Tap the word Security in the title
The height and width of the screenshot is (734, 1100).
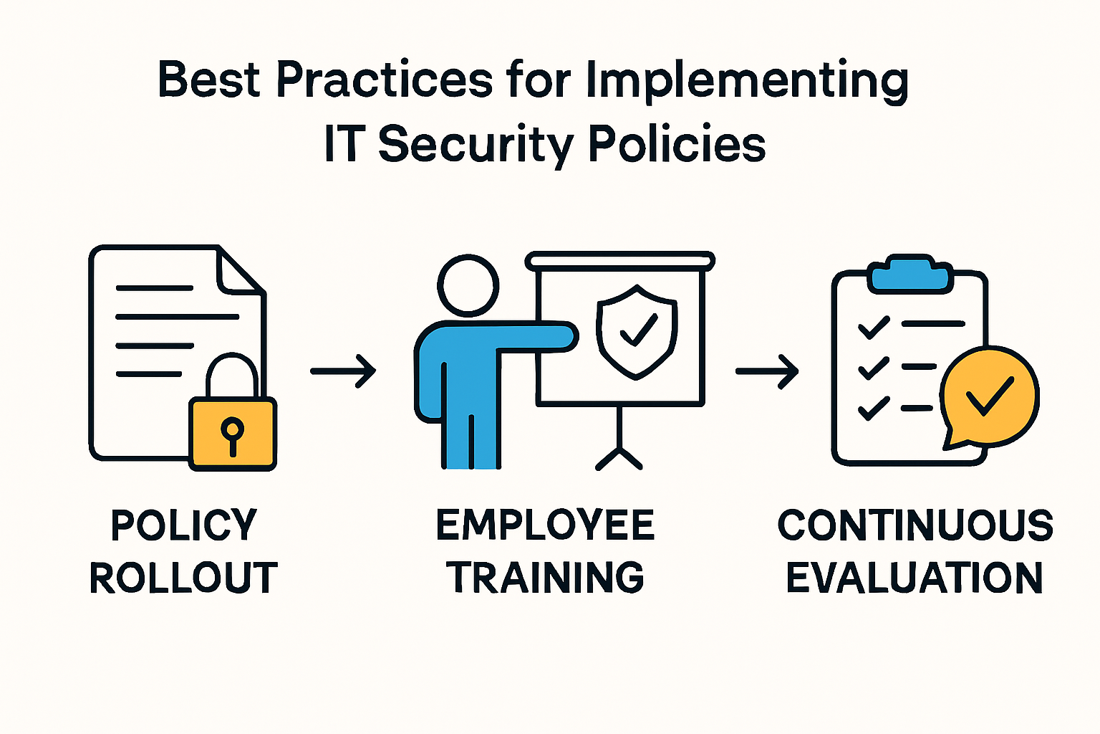pyautogui.click(x=476, y=144)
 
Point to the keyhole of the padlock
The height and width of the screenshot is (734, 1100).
pyautogui.click(x=232, y=433)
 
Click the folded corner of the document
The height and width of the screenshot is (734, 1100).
pyautogui.click(x=238, y=272)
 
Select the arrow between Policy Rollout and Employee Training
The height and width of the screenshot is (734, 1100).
pyautogui.click(x=344, y=371)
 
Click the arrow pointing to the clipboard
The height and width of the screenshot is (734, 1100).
pyautogui.click(x=767, y=371)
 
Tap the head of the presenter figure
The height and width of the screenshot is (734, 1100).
pyautogui.click(x=468, y=285)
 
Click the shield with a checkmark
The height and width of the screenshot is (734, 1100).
pyautogui.click(x=637, y=330)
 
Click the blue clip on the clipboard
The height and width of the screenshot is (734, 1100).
pyautogui.click(x=910, y=275)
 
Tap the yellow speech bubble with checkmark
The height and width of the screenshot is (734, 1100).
pyautogui.click(x=989, y=399)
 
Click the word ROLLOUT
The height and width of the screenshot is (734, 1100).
pyautogui.click(x=183, y=578)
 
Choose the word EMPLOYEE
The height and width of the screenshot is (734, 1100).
pyautogui.click(x=545, y=525)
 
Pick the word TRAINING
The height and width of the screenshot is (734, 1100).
pyautogui.click(x=546, y=578)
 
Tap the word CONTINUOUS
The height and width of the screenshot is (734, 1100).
pyautogui.click(x=915, y=525)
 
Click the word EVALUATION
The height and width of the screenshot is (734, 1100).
pyautogui.click(x=915, y=578)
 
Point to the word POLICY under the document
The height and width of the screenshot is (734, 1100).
pyautogui.click(x=183, y=525)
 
